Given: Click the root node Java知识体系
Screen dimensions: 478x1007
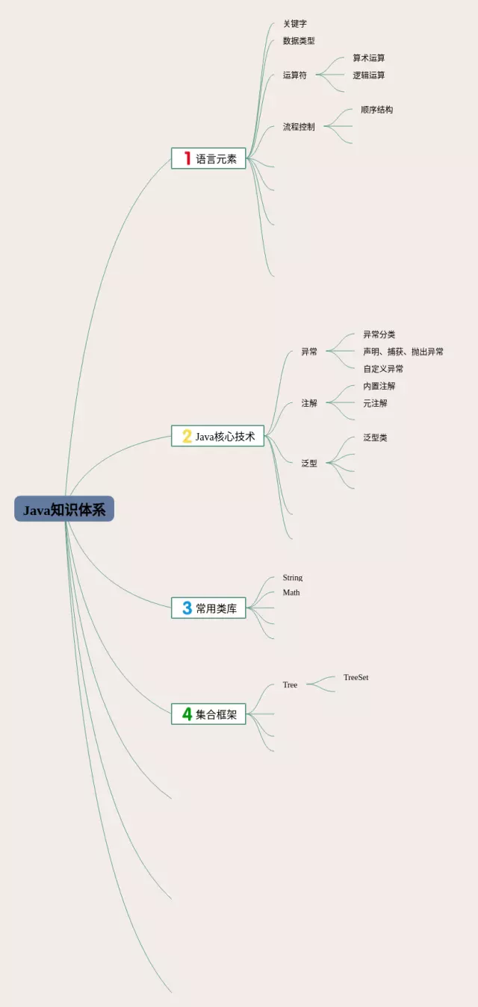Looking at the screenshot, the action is (x=64, y=509).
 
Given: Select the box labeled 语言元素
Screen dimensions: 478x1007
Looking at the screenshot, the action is (x=208, y=158).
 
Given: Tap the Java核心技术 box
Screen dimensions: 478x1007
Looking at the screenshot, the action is (x=217, y=436).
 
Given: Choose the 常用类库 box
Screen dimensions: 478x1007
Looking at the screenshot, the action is (x=208, y=608).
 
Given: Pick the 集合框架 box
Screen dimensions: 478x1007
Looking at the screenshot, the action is (x=208, y=714).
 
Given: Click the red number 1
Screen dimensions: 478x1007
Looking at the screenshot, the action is (x=187, y=158).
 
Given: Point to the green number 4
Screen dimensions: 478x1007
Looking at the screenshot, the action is (x=187, y=714).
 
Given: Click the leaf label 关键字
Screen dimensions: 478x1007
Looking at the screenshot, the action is (x=295, y=23).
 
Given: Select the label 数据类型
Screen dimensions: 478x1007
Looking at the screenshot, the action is (x=299, y=40).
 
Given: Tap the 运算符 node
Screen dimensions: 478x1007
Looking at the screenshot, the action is (x=294, y=75).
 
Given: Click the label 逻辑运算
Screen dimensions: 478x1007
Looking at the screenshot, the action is (x=369, y=75).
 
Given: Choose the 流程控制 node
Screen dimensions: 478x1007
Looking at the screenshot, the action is (x=299, y=127).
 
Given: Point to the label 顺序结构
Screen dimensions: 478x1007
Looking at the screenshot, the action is (x=377, y=110).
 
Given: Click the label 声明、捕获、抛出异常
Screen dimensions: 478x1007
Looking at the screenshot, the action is (x=403, y=352).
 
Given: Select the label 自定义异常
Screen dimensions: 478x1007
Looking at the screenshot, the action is (x=383, y=369).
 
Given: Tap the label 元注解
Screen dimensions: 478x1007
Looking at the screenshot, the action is (x=375, y=403).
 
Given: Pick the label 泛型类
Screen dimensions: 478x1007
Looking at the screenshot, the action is (x=375, y=437).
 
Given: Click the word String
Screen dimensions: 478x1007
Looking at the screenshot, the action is (x=292, y=578).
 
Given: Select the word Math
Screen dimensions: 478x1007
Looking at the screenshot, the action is (x=291, y=593).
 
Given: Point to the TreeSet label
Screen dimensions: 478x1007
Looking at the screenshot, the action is (x=356, y=677).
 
